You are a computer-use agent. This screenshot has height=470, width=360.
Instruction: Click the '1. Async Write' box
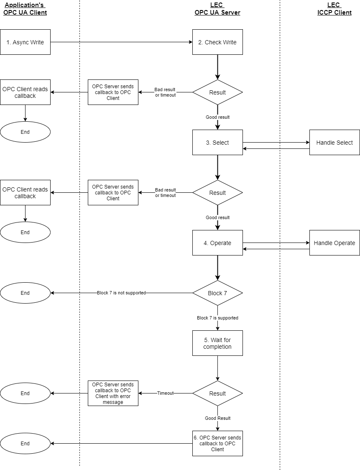tap(25, 42)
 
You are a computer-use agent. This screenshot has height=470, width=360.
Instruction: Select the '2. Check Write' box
tap(217, 42)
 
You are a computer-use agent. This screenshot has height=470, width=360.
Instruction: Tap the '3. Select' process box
tap(217, 143)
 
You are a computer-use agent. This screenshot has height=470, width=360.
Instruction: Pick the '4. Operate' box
tap(217, 243)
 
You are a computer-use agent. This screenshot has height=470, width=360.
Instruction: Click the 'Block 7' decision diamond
tap(217, 293)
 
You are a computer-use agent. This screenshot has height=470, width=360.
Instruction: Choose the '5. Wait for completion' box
tap(217, 343)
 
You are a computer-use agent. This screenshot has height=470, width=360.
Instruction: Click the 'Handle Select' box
tap(334, 143)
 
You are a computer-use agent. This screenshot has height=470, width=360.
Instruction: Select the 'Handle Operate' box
tap(334, 243)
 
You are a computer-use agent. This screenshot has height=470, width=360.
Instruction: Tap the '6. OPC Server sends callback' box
tap(217, 443)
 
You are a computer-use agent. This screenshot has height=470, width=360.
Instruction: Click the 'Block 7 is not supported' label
tap(121, 293)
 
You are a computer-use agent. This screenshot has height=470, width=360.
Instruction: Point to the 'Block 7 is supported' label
tap(217, 318)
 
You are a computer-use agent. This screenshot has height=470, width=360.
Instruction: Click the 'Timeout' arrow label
tap(165, 393)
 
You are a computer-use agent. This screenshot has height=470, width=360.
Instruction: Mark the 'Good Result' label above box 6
tap(217, 418)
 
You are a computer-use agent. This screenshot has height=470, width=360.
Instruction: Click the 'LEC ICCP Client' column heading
tap(334, 9)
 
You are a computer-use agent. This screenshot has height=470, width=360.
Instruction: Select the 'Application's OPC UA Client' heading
tap(25, 9)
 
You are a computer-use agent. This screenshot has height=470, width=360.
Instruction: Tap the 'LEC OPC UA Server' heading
tap(217, 9)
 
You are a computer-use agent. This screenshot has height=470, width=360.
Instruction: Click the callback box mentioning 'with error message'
tap(113, 393)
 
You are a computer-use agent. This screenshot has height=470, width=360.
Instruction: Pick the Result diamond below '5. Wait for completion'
tap(217, 393)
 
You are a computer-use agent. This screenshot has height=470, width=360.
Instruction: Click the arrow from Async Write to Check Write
tap(121, 42)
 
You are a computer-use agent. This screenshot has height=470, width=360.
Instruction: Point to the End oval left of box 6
tap(25, 443)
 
